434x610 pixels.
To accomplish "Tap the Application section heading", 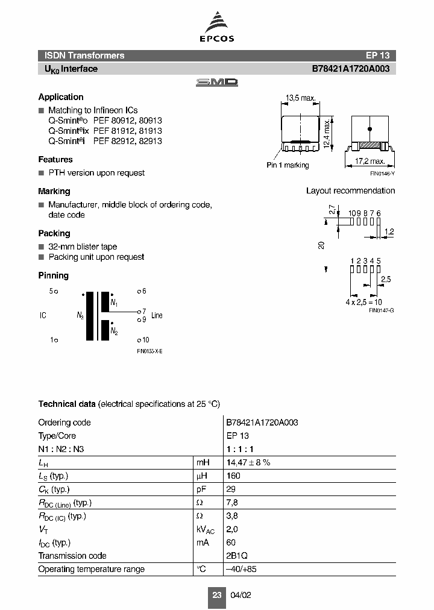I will click(61, 97).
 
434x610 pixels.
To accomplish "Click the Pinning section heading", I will click(54, 275).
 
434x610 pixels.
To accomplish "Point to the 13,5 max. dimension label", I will click(300, 98).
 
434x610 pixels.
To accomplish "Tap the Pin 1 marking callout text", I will click(288, 165).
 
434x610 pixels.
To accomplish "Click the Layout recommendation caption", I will click(350, 191).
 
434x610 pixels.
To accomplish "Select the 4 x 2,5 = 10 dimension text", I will click(363, 302).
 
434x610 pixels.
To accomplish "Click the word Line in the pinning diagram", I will click(157, 315).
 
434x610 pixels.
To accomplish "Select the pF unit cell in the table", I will click(201, 489).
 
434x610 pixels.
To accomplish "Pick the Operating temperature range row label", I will click(92, 569).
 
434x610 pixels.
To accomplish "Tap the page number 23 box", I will click(217, 595).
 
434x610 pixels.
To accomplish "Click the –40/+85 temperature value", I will click(241, 569).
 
